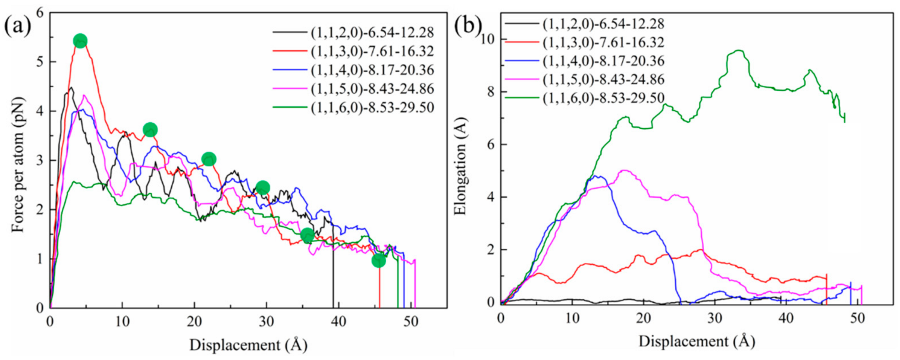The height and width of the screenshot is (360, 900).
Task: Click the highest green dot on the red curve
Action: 80,40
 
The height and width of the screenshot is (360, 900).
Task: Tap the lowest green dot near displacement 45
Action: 379,260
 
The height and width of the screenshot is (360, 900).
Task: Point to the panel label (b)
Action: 467,25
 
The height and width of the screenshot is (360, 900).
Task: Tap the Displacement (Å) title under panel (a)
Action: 248,345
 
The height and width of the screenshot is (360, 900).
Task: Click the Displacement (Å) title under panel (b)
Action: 697,341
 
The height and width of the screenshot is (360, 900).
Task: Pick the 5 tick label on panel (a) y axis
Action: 40,62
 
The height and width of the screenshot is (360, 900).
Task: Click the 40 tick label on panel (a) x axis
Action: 338,322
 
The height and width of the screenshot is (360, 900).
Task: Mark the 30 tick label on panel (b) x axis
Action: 715,318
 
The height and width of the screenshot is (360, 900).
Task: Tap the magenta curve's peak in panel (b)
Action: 625,171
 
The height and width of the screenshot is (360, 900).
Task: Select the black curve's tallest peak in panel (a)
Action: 70,88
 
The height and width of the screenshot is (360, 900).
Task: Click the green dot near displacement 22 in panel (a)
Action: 209,159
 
